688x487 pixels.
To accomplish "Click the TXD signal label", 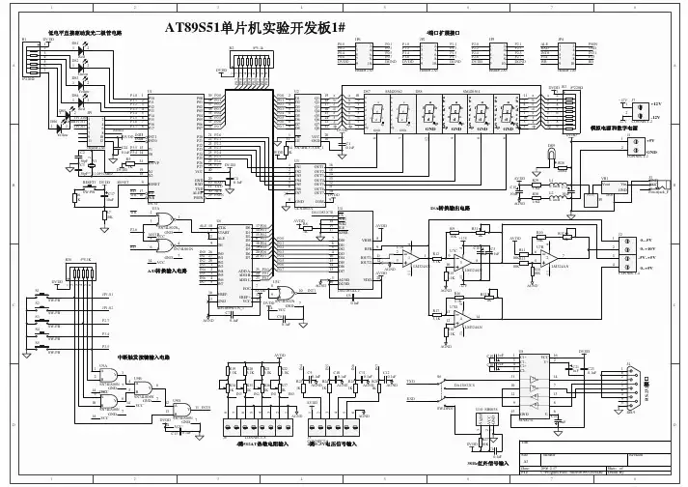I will point(411,382).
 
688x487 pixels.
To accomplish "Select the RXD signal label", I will point(411,397).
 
